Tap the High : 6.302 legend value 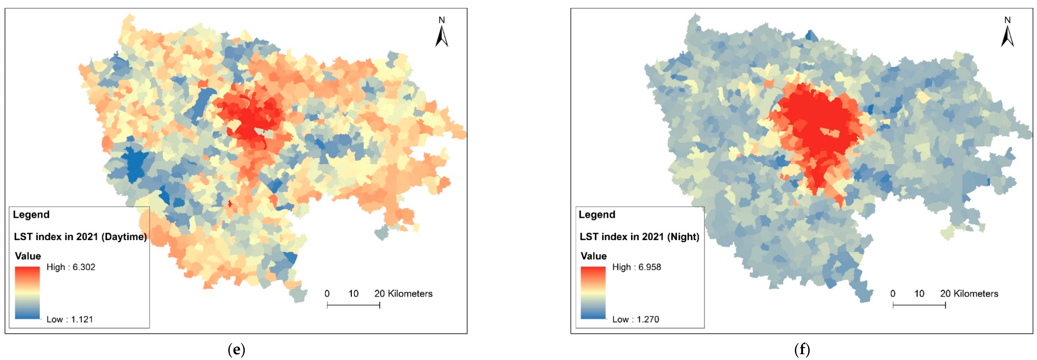[x=71, y=267]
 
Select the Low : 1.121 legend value [x=70, y=319]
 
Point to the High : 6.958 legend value [x=636, y=267]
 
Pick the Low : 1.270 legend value [x=636, y=319]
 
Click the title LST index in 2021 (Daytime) [x=80, y=237]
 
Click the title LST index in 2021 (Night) [x=639, y=237]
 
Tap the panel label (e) [x=236, y=350]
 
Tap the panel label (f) [x=802, y=350]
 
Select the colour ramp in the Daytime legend [x=27, y=293]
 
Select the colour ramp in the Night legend [x=593, y=293]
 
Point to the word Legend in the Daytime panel [x=31, y=215]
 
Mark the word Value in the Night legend [x=593, y=256]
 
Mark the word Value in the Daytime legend [x=28, y=256]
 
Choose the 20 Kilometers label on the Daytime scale [x=403, y=293]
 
